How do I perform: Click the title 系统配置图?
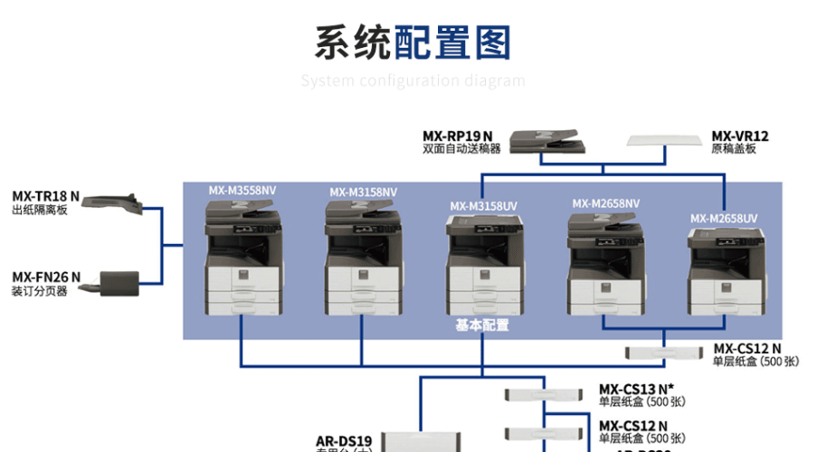pyautogui.click(x=413, y=42)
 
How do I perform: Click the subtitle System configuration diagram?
pyautogui.click(x=413, y=80)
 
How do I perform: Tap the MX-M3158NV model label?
pyautogui.click(x=363, y=192)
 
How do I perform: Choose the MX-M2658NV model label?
pyautogui.click(x=605, y=203)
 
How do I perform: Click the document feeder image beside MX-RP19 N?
pyautogui.click(x=542, y=142)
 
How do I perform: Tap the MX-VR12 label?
pyautogui.click(x=739, y=137)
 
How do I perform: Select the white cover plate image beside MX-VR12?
pyautogui.click(x=665, y=141)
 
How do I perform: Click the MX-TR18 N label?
pyautogui.click(x=45, y=196)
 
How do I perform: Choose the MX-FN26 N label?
pyautogui.click(x=45, y=277)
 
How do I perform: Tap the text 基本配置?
pyautogui.click(x=481, y=325)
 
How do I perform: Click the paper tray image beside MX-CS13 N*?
pyautogui.click(x=542, y=394)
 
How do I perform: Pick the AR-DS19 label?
pyautogui.click(x=344, y=441)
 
